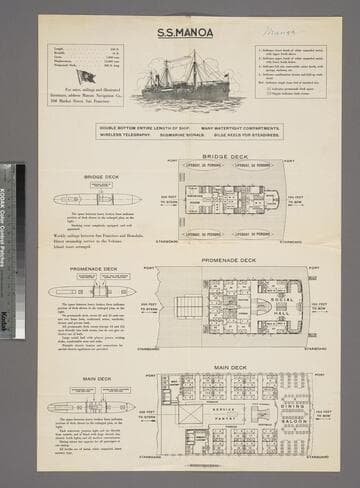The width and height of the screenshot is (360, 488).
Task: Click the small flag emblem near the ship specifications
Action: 86,75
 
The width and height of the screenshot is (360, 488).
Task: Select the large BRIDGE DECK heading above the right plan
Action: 225,157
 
